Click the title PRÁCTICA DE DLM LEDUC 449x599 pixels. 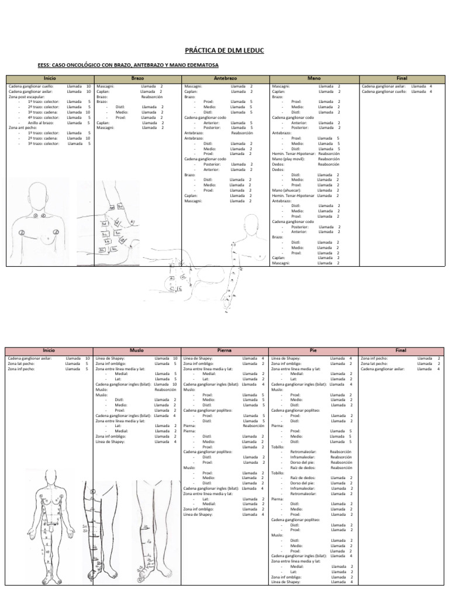click(224, 51)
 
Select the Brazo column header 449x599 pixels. click(137, 78)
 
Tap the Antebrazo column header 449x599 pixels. click(225, 78)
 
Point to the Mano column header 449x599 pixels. click(314, 78)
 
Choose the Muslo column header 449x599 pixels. click(137, 350)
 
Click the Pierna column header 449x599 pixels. click(225, 350)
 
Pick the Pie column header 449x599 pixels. click(314, 350)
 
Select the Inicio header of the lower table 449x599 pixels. click(49, 350)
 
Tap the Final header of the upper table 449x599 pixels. click(402, 78)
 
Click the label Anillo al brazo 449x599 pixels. click(40, 122)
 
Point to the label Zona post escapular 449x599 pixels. click(29, 97)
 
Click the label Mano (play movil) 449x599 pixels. click(288, 159)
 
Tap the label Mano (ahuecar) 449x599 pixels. click(286, 190)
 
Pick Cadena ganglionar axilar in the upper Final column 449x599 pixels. click(384, 86)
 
